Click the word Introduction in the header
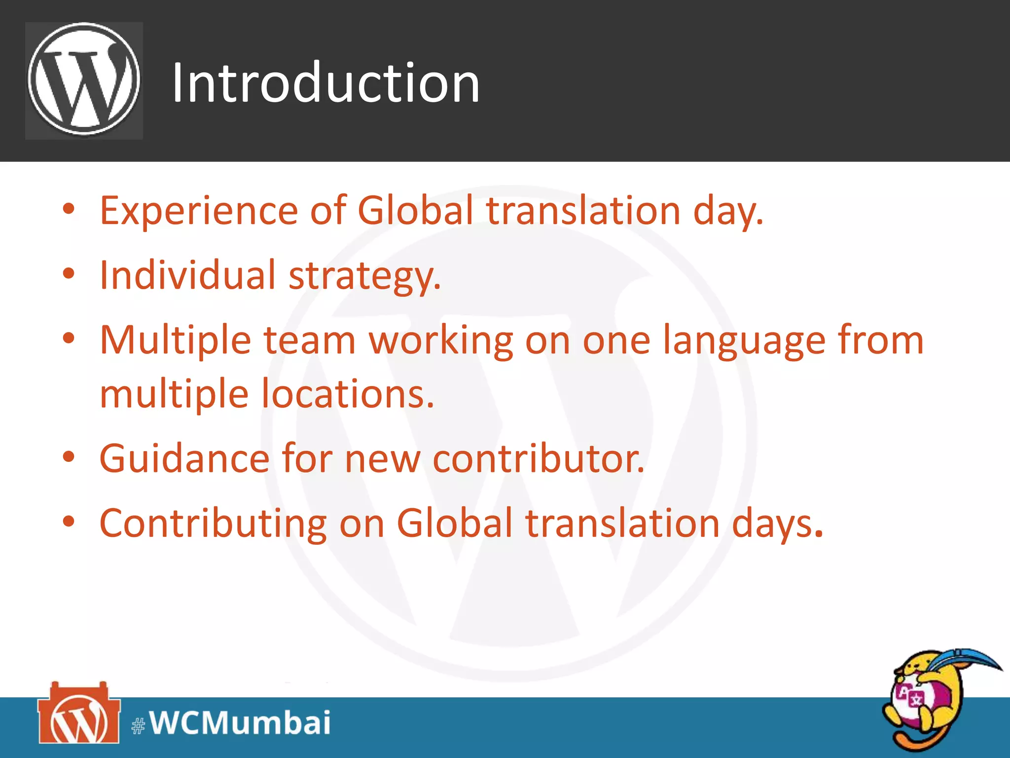pos(325,82)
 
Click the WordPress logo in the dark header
pos(84,80)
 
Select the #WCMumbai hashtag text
pos(231,723)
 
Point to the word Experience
pos(199,211)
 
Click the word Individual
pos(187,275)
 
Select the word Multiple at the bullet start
pos(176,341)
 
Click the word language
pos(744,341)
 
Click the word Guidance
pos(184,458)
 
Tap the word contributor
pos(538,458)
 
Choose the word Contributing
pos(213,523)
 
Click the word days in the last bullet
pos(777,524)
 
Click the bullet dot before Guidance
pos(69,456)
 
